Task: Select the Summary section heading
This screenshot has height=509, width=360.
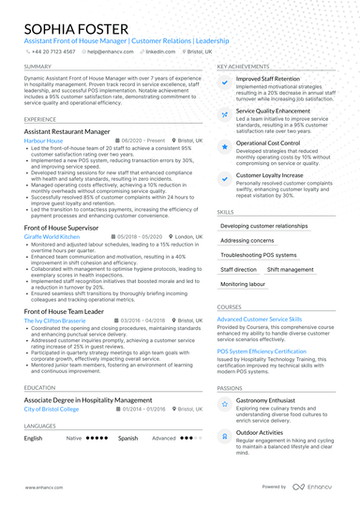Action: [38, 67]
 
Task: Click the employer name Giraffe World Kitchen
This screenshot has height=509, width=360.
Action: [52, 238]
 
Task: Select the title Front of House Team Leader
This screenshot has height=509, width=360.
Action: [64, 310]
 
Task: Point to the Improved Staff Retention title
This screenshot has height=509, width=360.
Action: [268, 79]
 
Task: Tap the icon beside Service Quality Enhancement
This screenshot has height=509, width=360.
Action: [226, 114]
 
